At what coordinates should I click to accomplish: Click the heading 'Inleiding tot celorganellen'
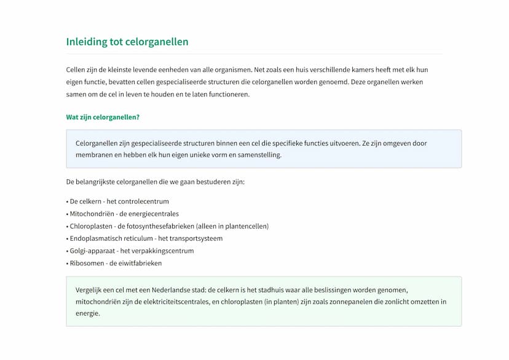(x=127, y=42)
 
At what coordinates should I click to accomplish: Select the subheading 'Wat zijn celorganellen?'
(x=103, y=117)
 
